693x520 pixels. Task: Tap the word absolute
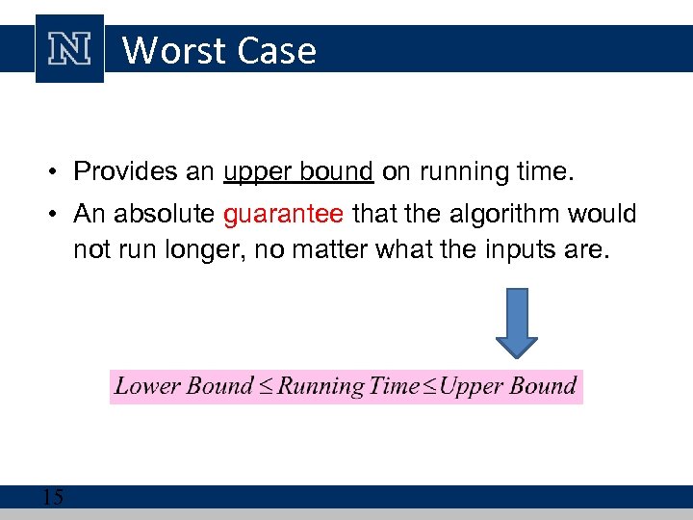171,214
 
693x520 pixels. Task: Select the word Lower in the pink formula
147,386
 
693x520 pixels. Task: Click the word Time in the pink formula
394,386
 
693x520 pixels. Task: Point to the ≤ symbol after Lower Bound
265,387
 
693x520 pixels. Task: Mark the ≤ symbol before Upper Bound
429,387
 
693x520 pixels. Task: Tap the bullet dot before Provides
58,172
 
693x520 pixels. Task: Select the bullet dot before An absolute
58,215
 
